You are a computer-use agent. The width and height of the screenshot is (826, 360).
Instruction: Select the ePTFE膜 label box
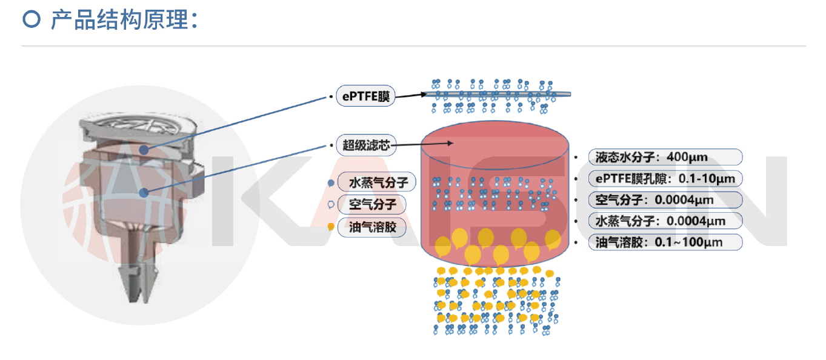(x=365, y=96)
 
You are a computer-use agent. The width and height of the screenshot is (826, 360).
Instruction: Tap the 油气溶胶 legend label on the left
(x=373, y=227)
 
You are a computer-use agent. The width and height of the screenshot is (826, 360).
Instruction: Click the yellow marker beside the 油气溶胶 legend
(x=330, y=227)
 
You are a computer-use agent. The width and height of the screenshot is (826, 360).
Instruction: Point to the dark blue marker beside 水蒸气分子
(x=330, y=182)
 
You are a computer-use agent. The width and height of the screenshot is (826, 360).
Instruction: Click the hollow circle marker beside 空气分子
(x=330, y=205)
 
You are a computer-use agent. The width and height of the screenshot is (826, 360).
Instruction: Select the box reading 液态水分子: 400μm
(x=665, y=157)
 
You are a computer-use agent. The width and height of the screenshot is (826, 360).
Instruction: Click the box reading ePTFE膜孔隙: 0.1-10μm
(x=665, y=178)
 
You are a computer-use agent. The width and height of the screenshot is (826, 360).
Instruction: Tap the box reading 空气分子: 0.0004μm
(x=665, y=199)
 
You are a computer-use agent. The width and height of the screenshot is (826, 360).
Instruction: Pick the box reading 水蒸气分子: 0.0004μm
(x=665, y=221)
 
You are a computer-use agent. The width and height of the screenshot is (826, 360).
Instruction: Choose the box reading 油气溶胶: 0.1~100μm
(x=665, y=242)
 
